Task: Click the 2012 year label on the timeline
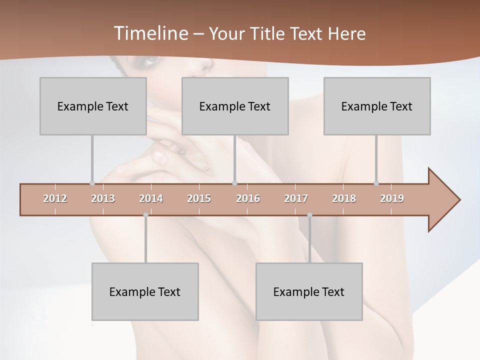pos(55,198)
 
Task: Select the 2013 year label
pos(103,198)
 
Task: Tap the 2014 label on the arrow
pos(151,198)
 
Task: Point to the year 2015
pos(199,198)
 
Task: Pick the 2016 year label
pos(248,198)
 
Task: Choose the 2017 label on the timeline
pos(296,198)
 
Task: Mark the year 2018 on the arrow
pos(344,198)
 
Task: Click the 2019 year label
pos(392,198)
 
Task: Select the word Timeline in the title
pos(150,33)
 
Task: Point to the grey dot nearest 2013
pos(92,183)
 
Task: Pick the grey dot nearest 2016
pos(235,183)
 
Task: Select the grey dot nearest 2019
pos(376,183)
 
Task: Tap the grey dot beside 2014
pos(145,215)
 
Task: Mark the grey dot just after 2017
pos(309,215)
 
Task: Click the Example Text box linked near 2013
pos(93,106)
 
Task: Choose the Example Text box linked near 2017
pos(309,291)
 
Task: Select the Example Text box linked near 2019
pos(377,106)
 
